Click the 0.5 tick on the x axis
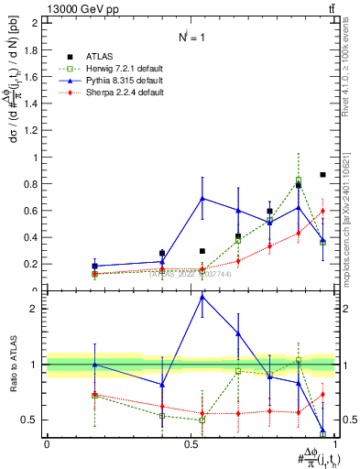191,445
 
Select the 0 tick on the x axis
47,445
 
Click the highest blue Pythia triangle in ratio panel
202,297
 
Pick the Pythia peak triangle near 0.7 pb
202,198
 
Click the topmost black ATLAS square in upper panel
322,175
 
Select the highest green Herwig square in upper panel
299,180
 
